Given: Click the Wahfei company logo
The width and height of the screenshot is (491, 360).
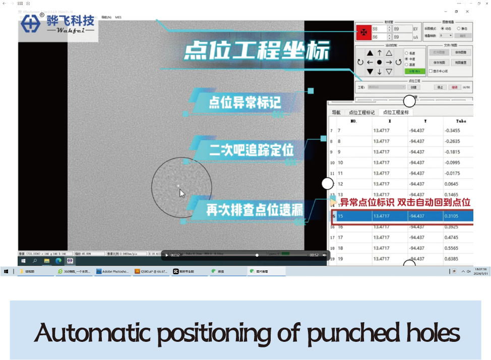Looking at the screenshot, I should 58,24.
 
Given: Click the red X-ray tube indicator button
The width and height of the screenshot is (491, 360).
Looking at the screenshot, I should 363,33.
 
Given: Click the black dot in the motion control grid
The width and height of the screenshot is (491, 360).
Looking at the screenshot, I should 379,62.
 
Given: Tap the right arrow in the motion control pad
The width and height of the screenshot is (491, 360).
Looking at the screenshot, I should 389,62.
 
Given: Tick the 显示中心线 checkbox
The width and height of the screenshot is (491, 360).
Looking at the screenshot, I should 431,71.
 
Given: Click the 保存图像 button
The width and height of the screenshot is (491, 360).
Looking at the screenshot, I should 460,52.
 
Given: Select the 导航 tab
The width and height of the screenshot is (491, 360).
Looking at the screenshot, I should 336,112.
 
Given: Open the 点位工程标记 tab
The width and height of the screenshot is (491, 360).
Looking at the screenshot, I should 361,112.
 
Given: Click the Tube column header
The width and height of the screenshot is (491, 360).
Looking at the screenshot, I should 461,121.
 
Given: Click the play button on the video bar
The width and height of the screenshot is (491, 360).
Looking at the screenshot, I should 167,255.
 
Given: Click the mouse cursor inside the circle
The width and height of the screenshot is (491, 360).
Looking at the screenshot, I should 181,193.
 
